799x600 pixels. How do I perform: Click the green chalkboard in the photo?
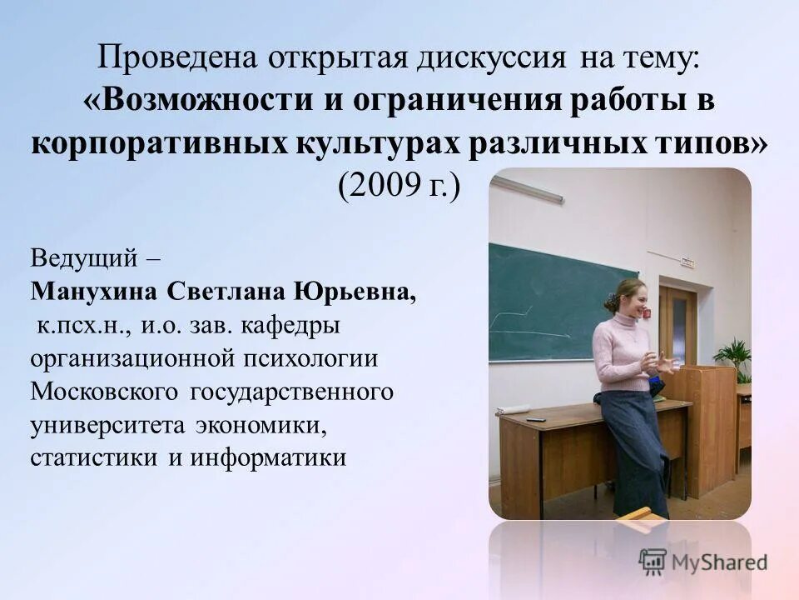549,300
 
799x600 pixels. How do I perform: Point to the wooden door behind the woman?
677,325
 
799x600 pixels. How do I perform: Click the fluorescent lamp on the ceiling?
527,189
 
